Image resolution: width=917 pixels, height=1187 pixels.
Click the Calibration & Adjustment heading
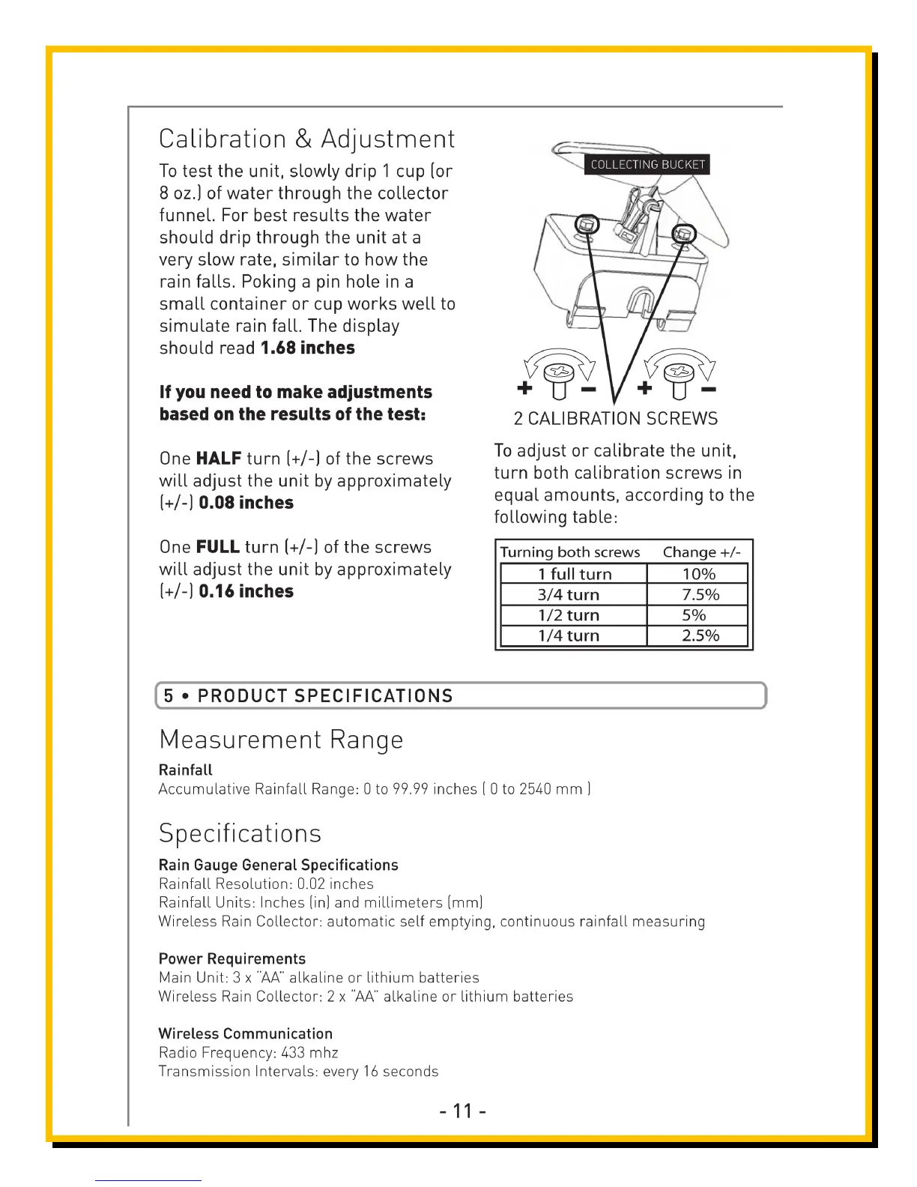pyautogui.click(x=306, y=139)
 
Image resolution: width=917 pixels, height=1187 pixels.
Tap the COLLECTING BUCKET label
pyautogui.click(x=647, y=165)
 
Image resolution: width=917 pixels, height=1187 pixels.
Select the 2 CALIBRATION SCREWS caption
pyautogui.click(x=615, y=419)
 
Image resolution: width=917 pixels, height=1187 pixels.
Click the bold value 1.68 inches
pyautogui.click(x=307, y=348)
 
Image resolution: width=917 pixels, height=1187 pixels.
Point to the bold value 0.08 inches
pyautogui.click(x=246, y=503)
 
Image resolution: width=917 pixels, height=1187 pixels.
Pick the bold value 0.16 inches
pyautogui.click(x=246, y=591)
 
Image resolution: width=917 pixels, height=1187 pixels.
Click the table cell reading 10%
pyautogui.click(x=698, y=575)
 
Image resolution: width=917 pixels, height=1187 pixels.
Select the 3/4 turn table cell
pyautogui.click(x=569, y=595)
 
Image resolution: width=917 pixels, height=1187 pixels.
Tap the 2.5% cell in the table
pyautogui.click(x=700, y=635)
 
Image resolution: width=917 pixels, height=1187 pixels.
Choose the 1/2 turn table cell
pyautogui.click(x=569, y=615)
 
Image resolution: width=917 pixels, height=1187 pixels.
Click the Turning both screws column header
pyautogui.click(x=570, y=552)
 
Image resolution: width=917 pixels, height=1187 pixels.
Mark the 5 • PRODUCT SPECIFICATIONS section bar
pyautogui.click(x=460, y=695)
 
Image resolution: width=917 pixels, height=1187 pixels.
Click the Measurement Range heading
pyautogui.click(x=281, y=740)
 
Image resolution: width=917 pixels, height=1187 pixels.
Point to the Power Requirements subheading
pyautogui.click(x=232, y=959)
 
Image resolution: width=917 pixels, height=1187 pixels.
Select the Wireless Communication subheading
pyautogui.click(x=246, y=1034)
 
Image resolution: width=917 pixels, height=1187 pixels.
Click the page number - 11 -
pyautogui.click(x=463, y=1111)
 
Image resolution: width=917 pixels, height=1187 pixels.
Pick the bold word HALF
pyautogui.click(x=219, y=459)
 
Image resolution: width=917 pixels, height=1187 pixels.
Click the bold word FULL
pyautogui.click(x=217, y=547)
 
